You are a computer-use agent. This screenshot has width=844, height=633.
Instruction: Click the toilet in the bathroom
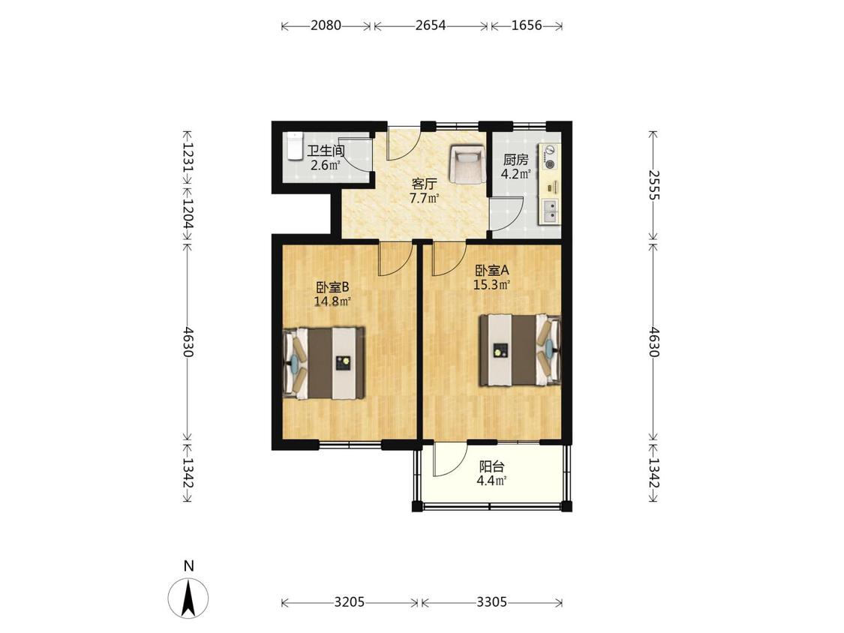point(294,146)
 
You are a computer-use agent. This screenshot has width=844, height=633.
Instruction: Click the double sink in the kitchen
point(551,211)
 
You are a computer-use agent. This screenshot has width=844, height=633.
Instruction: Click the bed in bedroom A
point(521,350)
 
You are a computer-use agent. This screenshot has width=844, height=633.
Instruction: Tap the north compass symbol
point(188,598)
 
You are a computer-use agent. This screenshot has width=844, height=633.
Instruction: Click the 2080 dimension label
point(326,25)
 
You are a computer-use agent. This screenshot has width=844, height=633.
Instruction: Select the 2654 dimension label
point(431,25)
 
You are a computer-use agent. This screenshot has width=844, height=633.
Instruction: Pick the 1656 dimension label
point(527,25)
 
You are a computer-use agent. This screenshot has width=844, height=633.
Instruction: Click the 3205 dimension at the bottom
point(350,602)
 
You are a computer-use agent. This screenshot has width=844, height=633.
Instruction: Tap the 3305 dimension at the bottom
point(491,602)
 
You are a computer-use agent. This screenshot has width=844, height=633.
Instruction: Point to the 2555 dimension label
point(653,184)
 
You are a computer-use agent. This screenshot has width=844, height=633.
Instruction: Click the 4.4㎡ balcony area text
point(491,481)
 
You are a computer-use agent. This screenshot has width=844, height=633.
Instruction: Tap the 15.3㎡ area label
point(491,285)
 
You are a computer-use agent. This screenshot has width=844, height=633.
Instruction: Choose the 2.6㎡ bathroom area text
point(325,165)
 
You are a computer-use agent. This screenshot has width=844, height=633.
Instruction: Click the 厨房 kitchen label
point(515,160)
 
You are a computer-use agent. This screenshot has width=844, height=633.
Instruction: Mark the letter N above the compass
point(188,566)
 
